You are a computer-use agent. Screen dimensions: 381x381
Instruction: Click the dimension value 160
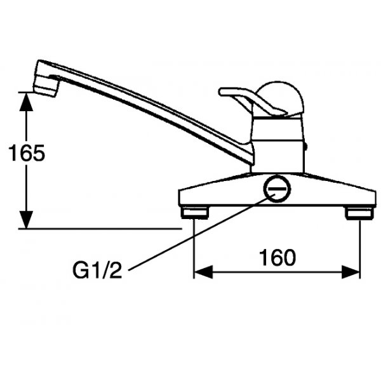click(277, 257)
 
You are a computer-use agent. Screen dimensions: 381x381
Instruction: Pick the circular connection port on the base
click(277, 189)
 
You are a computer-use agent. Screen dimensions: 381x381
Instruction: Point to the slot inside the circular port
click(277, 189)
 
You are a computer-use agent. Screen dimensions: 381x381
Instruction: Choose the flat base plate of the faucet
click(317, 194)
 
